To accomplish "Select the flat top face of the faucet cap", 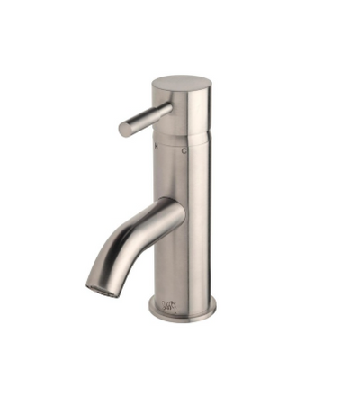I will point(183,83).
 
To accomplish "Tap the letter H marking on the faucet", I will point(157,142).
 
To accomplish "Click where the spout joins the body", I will point(176,213).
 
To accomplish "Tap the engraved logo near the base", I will point(169,304).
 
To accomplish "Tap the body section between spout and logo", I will point(184,266).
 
